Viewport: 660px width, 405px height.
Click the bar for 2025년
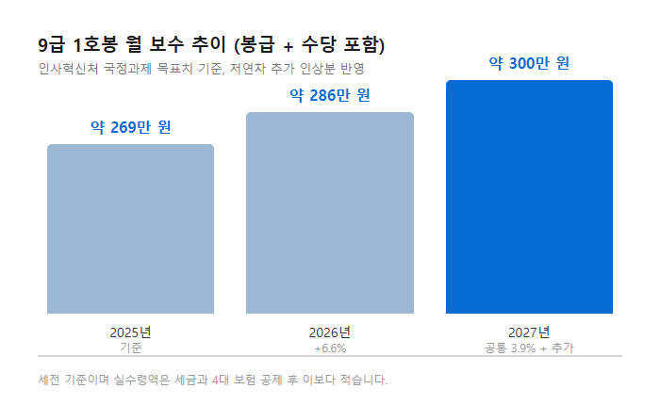click(130, 229)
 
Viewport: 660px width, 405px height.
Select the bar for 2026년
click(330, 213)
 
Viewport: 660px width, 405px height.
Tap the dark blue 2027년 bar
click(530, 197)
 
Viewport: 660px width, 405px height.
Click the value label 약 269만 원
click(130, 127)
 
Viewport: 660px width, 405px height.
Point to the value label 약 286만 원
click(330, 95)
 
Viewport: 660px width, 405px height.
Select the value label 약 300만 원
click(529, 63)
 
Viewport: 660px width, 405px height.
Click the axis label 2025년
click(130, 332)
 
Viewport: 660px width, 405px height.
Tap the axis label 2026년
click(330, 332)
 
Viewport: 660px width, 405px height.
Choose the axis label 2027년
click(529, 332)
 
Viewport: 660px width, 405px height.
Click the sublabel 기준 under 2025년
click(130, 348)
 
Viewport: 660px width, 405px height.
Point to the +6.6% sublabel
click(330, 348)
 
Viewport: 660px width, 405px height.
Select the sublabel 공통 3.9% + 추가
click(529, 348)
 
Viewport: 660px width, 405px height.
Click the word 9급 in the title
click(51, 45)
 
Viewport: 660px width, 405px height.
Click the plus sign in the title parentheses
click(288, 46)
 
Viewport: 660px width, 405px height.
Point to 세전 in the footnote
click(49, 380)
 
